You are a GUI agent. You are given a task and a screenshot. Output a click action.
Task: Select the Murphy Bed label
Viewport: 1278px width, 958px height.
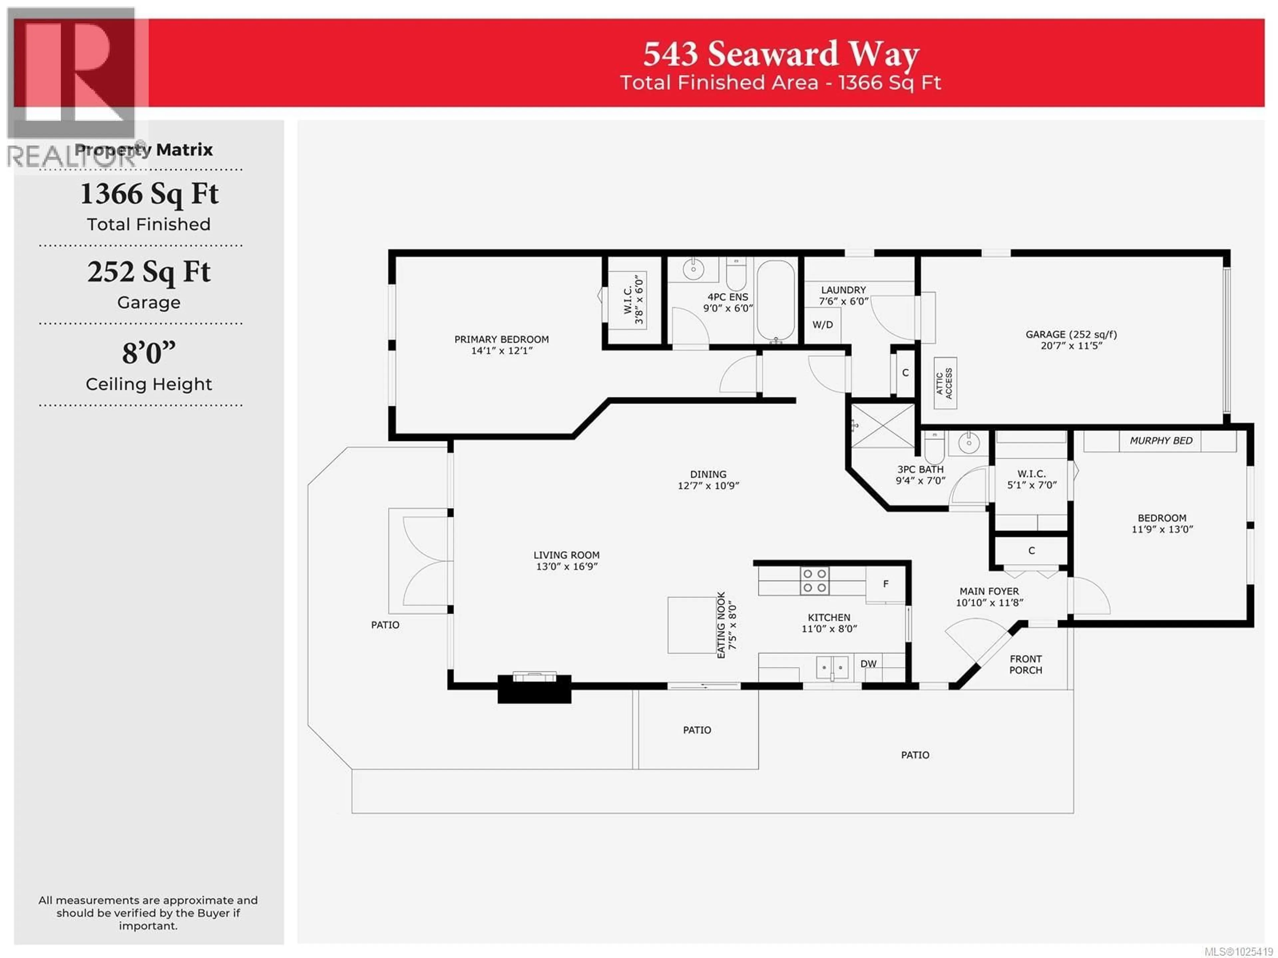(1161, 441)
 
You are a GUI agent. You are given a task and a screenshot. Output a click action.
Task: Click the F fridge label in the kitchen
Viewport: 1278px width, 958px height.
(885, 584)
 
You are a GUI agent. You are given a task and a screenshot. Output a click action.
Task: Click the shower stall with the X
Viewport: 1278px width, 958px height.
(882, 426)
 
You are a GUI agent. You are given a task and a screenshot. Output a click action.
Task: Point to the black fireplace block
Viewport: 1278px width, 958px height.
(534, 689)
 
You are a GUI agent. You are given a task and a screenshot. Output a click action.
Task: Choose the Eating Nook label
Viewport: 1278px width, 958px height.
(721, 624)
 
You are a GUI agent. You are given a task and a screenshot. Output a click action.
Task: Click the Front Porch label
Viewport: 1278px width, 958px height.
(1025, 664)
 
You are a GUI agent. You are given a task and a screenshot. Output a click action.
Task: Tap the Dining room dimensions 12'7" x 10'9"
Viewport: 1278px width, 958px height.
(708, 486)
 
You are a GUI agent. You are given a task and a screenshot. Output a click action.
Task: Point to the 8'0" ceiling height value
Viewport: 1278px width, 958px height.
(148, 353)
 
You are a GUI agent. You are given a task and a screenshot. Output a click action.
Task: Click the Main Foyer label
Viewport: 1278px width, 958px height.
(989, 591)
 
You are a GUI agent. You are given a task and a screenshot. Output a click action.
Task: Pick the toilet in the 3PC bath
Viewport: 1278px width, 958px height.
(934, 447)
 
